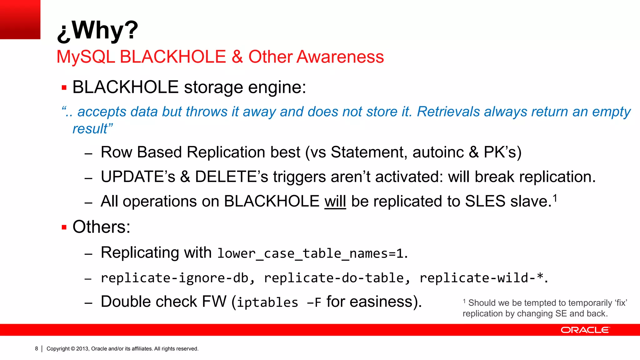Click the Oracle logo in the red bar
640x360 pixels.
click(x=585, y=330)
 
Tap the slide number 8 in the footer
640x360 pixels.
click(x=37, y=348)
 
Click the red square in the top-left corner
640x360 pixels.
click(x=20, y=19)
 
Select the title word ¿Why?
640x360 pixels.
click(x=97, y=30)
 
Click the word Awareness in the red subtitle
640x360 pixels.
click(x=340, y=57)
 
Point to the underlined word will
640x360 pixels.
click(x=335, y=202)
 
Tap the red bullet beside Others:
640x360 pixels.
click(x=64, y=227)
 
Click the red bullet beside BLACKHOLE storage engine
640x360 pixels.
click(x=64, y=87)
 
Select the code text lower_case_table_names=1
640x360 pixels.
click(x=310, y=253)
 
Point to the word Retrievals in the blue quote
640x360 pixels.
click(x=448, y=112)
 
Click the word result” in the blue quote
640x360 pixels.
click(x=92, y=129)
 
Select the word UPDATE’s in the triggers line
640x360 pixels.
click(x=138, y=177)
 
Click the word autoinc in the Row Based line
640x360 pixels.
click(x=438, y=152)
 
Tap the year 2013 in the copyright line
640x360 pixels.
click(x=82, y=349)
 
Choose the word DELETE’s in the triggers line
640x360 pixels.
click(x=231, y=177)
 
